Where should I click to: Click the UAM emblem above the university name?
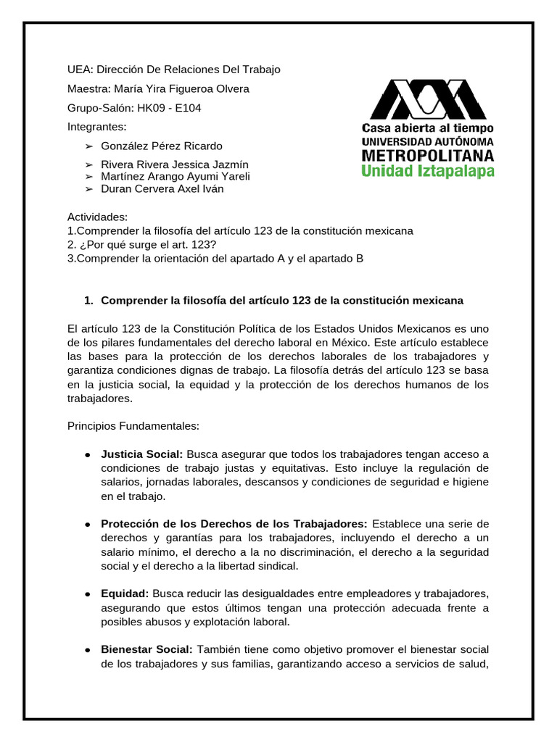(x=427, y=99)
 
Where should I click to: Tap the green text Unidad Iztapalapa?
(x=428, y=172)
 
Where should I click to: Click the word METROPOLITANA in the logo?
(x=428, y=155)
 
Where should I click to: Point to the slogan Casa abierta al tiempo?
(x=428, y=128)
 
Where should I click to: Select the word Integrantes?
(x=96, y=126)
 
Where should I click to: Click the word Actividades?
(x=97, y=217)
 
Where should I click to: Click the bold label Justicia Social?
(x=142, y=454)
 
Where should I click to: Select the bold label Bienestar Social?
(x=147, y=649)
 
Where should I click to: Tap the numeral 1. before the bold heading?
(x=89, y=300)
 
